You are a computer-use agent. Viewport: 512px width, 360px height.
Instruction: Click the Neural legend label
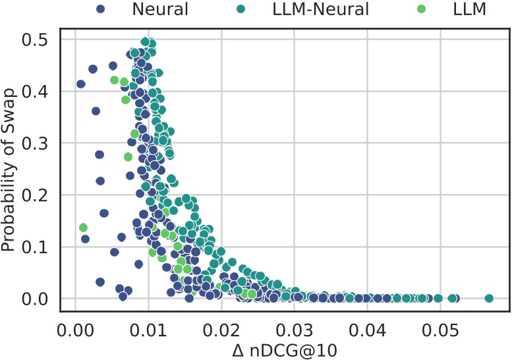tap(160, 10)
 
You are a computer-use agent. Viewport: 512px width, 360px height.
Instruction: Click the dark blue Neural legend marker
tap(100, 10)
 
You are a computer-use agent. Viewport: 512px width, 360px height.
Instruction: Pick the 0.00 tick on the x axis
tap(75, 327)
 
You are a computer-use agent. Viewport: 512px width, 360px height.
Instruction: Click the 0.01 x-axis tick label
tap(148, 327)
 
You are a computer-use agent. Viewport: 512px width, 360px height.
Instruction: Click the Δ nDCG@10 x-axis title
tap(285, 349)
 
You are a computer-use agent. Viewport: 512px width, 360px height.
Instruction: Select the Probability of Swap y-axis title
tap(9, 170)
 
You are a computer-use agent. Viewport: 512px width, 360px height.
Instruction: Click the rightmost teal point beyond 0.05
tap(489, 299)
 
